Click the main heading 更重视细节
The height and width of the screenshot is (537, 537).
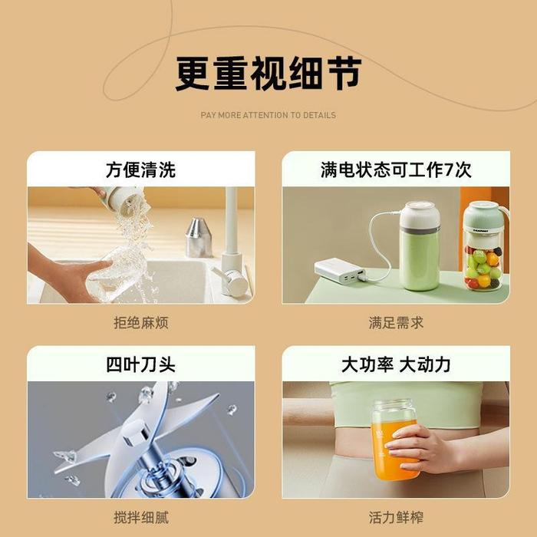268,74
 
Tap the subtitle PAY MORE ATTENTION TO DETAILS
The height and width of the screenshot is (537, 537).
268,115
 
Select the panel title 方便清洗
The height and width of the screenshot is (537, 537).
140,170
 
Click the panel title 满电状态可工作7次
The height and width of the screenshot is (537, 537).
395,170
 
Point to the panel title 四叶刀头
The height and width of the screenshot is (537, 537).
140,364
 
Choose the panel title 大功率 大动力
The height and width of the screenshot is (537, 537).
395,364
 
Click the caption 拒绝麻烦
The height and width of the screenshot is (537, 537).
140,323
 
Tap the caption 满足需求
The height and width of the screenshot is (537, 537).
395,323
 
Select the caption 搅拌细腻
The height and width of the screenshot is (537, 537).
140,517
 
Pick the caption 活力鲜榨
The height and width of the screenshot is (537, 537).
395,517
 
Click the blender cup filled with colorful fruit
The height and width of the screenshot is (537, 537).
483,249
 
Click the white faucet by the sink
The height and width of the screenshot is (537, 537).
231,245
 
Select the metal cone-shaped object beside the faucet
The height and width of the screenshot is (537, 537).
199,238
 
